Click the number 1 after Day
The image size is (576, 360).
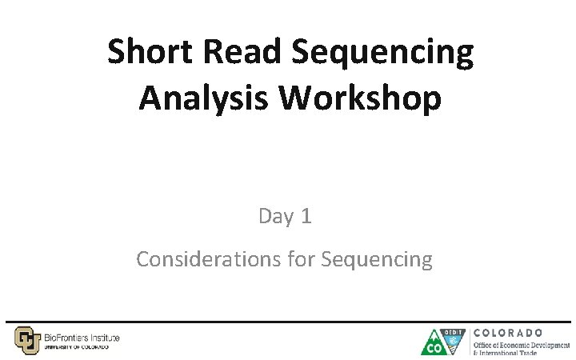pyautogui.click(x=306, y=216)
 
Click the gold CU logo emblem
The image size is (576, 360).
pyautogui.click(x=26, y=340)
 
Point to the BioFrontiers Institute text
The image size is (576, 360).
pyautogui.click(x=82, y=338)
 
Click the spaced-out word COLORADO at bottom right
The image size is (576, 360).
pyautogui.click(x=509, y=332)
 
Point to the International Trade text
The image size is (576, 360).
pyautogui.click(x=509, y=352)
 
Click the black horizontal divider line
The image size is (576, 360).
pyautogui.click(x=288, y=322)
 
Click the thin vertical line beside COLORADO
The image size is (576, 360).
pyautogui.click(x=469, y=342)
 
